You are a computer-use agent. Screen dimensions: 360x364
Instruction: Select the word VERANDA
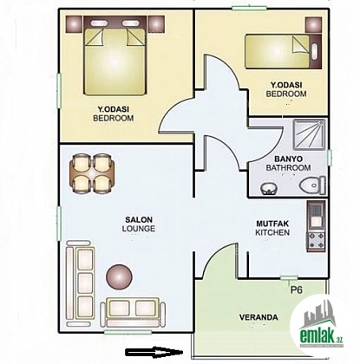[259, 317]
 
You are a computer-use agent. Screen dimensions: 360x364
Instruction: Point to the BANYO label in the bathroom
[288, 159]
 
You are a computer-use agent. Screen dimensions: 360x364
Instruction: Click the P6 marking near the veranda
[297, 289]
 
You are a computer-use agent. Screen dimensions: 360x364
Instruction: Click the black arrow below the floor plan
[154, 352]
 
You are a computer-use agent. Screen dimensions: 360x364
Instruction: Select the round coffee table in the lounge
[119, 276]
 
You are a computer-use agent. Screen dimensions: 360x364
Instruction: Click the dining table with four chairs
[92, 173]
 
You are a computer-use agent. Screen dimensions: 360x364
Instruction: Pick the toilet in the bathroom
[312, 185]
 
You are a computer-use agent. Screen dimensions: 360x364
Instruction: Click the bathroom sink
[269, 189]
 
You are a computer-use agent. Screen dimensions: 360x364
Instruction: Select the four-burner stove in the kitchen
[317, 240]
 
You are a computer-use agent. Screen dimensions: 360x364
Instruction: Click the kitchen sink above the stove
[316, 216]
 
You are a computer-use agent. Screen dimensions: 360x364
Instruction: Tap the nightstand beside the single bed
[313, 25]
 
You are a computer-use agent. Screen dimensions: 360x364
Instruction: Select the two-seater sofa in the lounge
[133, 312]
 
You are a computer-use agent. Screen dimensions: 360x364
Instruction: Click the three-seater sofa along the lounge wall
[80, 283]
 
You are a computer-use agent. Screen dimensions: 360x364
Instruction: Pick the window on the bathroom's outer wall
[330, 158]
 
